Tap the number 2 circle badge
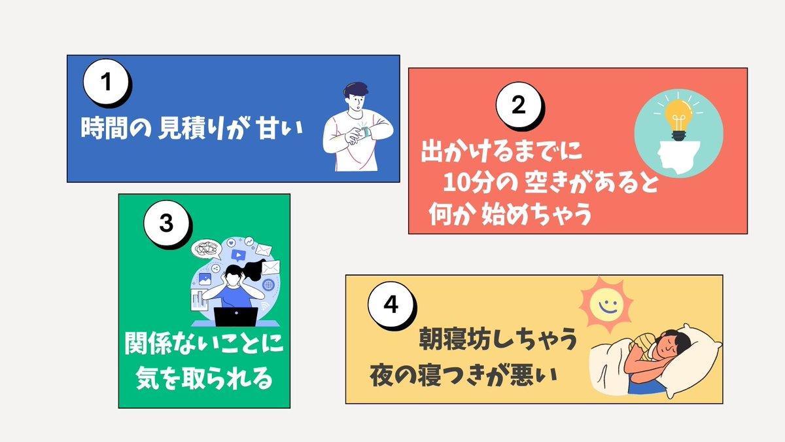click(517, 107)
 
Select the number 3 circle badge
click(166, 223)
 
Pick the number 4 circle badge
click(391, 306)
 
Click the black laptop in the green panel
click(235, 317)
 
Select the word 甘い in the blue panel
click(281, 127)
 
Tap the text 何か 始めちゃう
click(510, 214)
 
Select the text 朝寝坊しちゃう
click(498, 341)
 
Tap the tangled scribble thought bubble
click(204, 248)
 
